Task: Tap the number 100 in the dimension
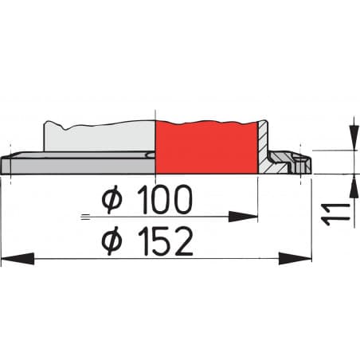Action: pos(165,202)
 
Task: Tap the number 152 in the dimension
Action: pos(165,241)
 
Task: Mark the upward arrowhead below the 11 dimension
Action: pos(351,182)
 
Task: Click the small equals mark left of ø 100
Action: pos(85,216)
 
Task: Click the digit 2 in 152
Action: pos(182,241)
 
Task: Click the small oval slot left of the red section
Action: pos(151,155)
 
